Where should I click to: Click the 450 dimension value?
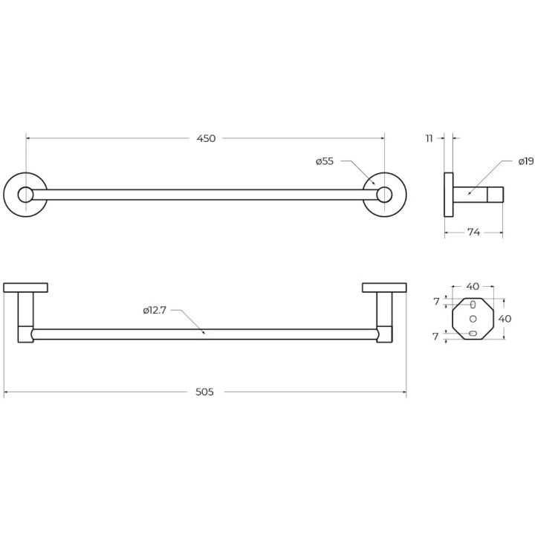[x=206, y=138]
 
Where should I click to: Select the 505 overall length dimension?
[x=204, y=392]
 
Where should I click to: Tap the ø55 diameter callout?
[x=325, y=161]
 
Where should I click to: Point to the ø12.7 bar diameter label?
[x=155, y=310]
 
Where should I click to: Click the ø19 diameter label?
[x=526, y=161]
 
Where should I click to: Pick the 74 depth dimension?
[x=473, y=233]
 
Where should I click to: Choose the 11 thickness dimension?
[x=429, y=138]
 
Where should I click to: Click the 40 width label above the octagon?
[x=473, y=287]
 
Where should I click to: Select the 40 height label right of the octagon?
[x=505, y=319]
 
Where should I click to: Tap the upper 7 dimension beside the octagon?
[x=436, y=302]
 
